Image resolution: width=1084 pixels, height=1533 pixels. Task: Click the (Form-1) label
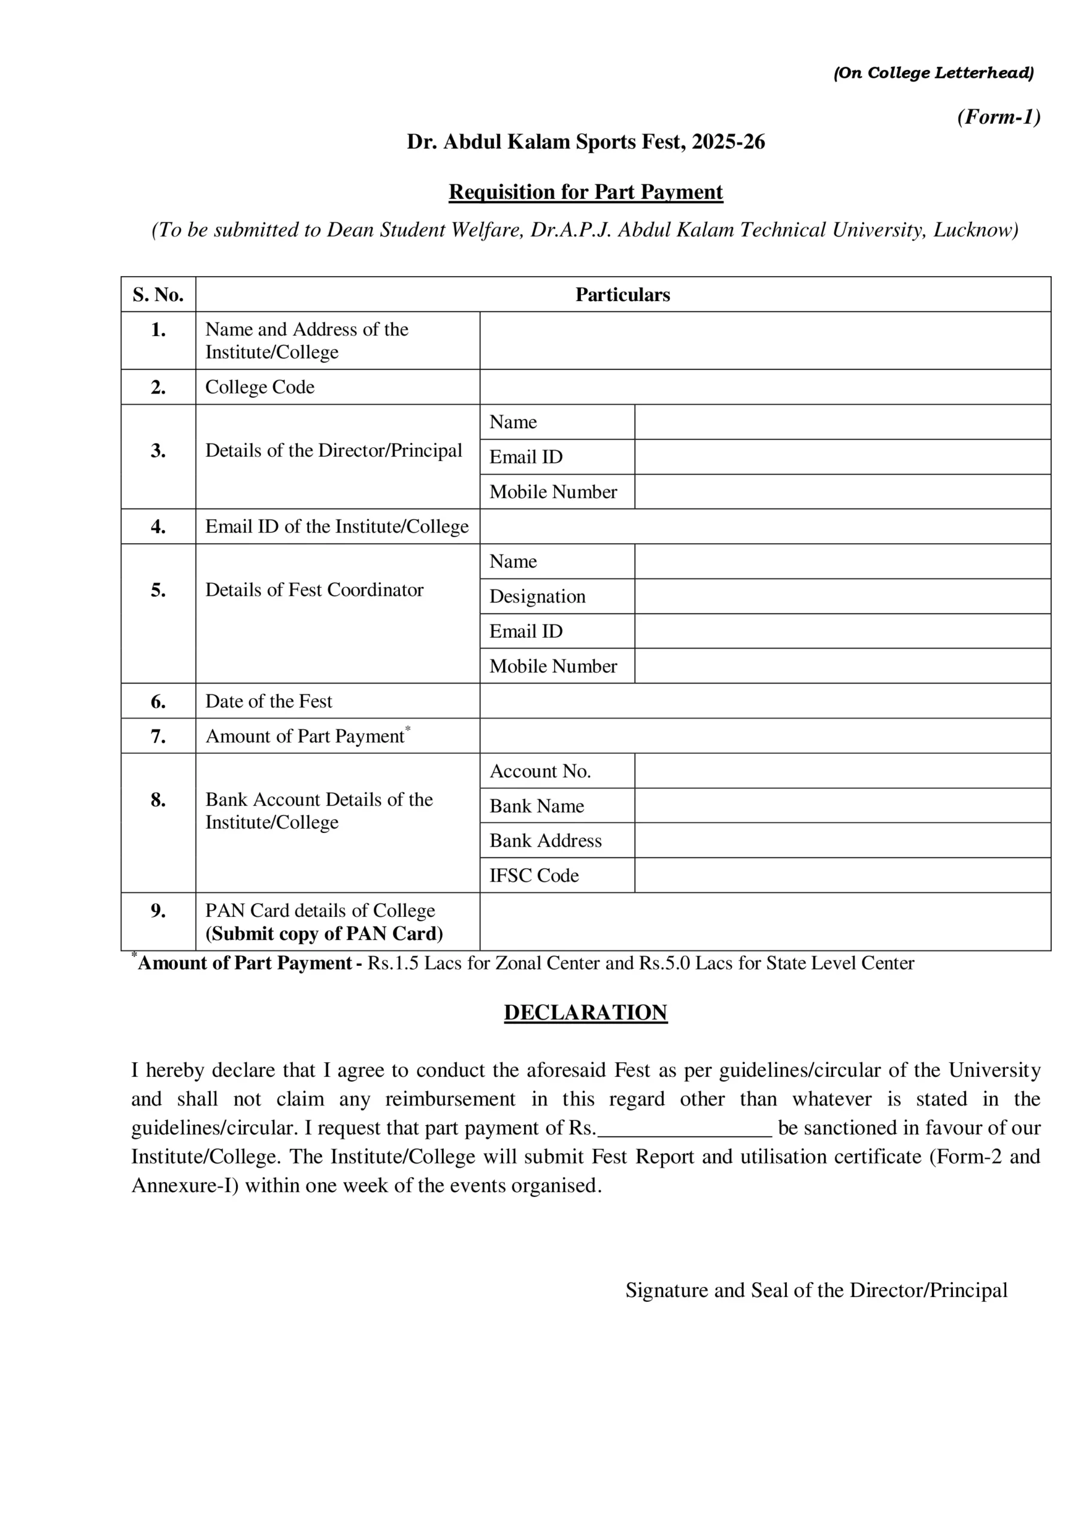[998, 117]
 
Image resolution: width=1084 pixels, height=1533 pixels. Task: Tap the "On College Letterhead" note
[933, 73]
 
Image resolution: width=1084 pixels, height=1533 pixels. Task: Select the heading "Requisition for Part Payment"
[585, 192]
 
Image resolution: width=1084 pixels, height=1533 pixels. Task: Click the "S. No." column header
[158, 295]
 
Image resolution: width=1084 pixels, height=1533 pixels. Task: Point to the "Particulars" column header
[622, 295]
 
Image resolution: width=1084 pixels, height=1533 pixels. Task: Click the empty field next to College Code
[765, 387]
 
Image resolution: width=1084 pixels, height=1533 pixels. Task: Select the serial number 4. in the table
[158, 527]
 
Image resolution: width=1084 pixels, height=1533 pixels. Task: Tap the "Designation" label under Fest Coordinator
[537, 596]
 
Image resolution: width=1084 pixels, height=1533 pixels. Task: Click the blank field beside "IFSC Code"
[842, 875]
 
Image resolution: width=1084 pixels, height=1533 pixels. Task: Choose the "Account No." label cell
[540, 771]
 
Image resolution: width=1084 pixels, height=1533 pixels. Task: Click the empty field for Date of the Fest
[765, 701]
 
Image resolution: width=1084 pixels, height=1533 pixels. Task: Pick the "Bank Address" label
[545, 841]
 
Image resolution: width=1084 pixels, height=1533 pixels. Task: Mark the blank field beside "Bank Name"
[842, 806]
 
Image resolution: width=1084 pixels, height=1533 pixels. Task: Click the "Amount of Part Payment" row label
[305, 737]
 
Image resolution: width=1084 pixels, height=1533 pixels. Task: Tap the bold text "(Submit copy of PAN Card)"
[324, 934]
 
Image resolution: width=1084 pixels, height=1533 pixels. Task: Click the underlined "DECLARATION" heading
[585, 1012]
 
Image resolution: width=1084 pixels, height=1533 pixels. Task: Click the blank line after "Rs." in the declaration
[685, 1128]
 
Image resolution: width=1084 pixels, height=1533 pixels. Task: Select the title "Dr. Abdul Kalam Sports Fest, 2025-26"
[585, 142]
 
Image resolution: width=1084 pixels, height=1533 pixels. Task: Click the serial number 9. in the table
[158, 911]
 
